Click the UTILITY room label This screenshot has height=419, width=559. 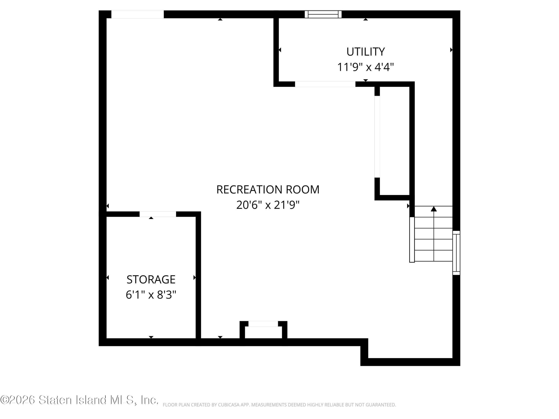click(x=365, y=52)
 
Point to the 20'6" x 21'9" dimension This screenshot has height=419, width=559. click(x=268, y=205)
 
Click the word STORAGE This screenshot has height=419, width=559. click(x=151, y=280)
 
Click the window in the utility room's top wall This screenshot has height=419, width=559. click(x=323, y=14)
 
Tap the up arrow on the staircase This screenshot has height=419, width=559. click(x=434, y=209)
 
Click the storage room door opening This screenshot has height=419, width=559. click(x=158, y=214)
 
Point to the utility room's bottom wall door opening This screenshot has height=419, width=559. click(x=325, y=84)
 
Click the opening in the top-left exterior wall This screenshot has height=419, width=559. click(x=138, y=14)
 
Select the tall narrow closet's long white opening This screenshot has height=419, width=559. click(x=377, y=137)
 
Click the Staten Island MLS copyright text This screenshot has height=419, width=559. click(x=79, y=400)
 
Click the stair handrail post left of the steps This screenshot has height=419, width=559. click(x=412, y=240)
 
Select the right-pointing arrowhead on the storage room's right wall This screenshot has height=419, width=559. click(x=194, y=278)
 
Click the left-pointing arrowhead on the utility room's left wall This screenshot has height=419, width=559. click(x=280, y=50)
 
